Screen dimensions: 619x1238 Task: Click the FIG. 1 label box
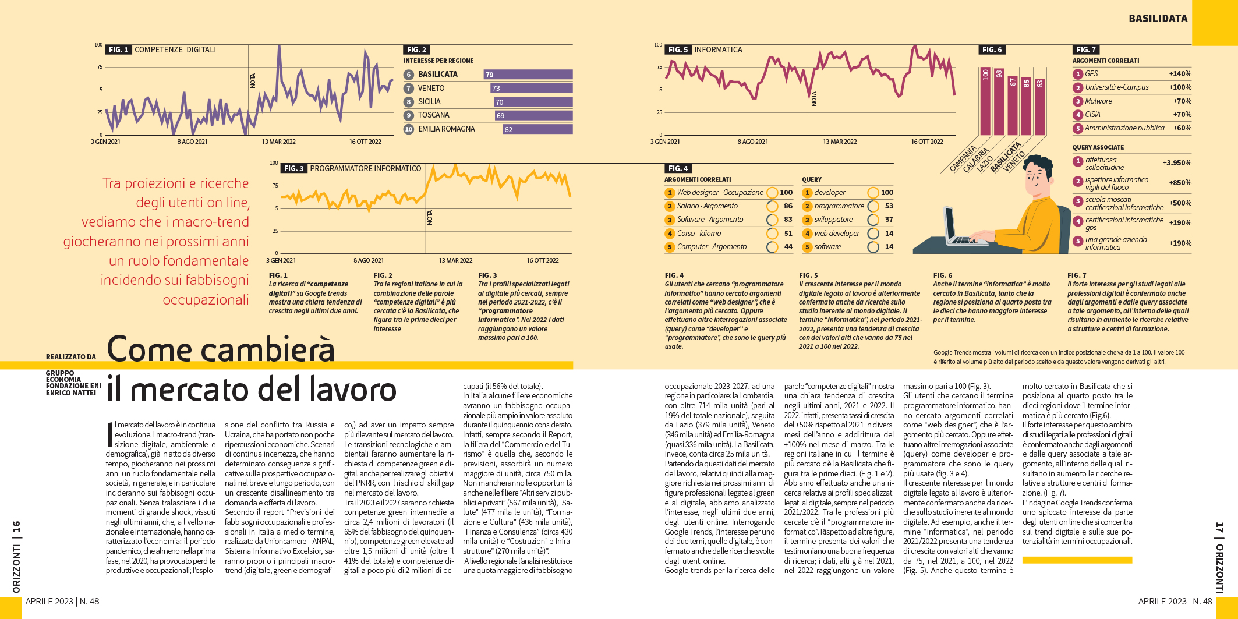coord(118,50)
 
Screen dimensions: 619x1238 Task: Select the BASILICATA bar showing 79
coord(528,75)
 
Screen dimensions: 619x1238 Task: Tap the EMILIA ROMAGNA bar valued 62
coord(537,129)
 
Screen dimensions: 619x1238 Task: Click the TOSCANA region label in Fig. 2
coord(433,115)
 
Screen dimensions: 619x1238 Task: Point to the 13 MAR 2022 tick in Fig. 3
coord(455,260)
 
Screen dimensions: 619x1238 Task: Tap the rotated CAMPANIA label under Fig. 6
coord(963,159)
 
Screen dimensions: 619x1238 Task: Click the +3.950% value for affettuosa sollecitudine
coord(1177,163)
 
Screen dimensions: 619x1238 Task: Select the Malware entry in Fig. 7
coord(1098,101)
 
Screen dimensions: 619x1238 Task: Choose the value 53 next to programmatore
coord(889,206)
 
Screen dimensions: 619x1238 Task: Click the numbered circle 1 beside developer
coord(807,193)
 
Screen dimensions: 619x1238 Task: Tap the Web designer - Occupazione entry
coord(720,193)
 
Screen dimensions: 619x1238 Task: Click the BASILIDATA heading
coord(1158,19)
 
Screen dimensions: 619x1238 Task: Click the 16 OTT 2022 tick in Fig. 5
coord(926,142)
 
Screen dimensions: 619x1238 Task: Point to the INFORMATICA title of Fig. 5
coord(718,50)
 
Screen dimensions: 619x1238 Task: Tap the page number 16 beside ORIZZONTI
coord(17,527)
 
